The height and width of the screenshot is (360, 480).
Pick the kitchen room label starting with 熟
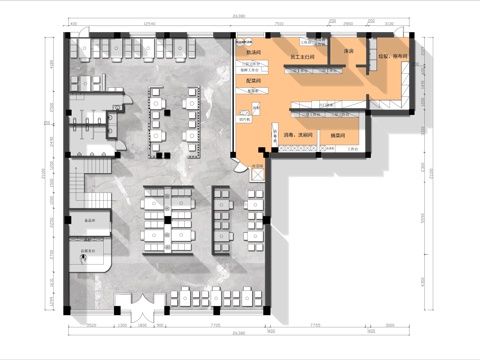pos(253,50)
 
